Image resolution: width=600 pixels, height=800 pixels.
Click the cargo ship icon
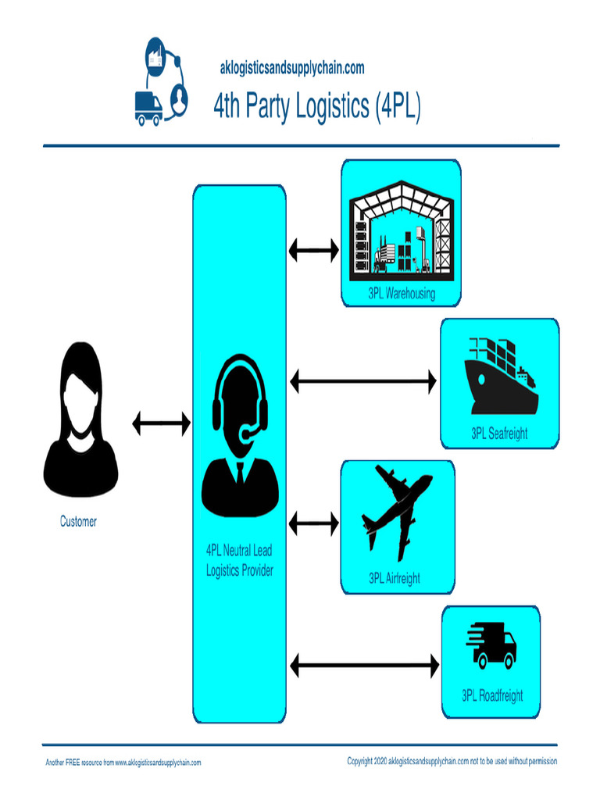[x=501, y=377]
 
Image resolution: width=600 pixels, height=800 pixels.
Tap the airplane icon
[x=396, y=511]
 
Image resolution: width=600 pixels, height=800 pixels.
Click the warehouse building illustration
[x=400, y=228]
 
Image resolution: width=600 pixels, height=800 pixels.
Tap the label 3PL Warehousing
[x=402, y=295]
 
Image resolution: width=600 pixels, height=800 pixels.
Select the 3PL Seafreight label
[x=499, y=434]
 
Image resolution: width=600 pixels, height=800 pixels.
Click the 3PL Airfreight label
[x=395, y=578]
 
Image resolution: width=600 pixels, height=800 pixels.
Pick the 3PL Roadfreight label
[x=492, y=695]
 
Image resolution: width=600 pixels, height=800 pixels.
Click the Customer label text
[x=79, y=521]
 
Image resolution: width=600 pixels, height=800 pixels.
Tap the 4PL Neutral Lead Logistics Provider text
[x=239, y=562]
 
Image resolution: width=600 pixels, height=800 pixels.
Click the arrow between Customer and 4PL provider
[x=161, y=423]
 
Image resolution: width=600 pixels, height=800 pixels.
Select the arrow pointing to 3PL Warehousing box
[x=314, y=250]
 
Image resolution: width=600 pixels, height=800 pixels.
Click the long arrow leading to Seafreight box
[x=363, y=381]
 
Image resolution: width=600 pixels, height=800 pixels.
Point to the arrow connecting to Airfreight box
[x=314, y=522]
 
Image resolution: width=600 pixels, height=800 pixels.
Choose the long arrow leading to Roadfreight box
[x=364, y=666]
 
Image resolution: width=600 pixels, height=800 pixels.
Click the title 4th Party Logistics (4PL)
[x=317, y=107]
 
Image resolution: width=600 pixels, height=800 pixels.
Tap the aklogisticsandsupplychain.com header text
[x=292, y=69]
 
